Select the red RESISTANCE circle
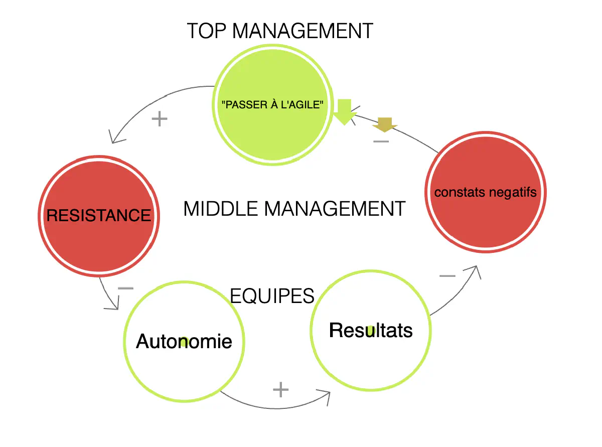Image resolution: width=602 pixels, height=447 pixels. [x=99, y=216]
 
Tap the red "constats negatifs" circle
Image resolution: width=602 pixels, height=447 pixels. [x=485, y=192]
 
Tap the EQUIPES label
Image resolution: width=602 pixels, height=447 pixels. [x=272, y=296]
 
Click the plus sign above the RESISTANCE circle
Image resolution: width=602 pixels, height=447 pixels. [x=159, y=119]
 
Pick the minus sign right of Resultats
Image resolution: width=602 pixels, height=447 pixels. [x=447, y=276]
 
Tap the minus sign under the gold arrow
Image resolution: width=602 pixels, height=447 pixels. [x=381, y=141]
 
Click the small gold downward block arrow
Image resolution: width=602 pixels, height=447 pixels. [x=384, y=124]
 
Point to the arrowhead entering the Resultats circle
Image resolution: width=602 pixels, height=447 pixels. [x=325, y=397]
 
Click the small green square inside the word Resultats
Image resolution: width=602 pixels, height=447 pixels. [x=371, y=331]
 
